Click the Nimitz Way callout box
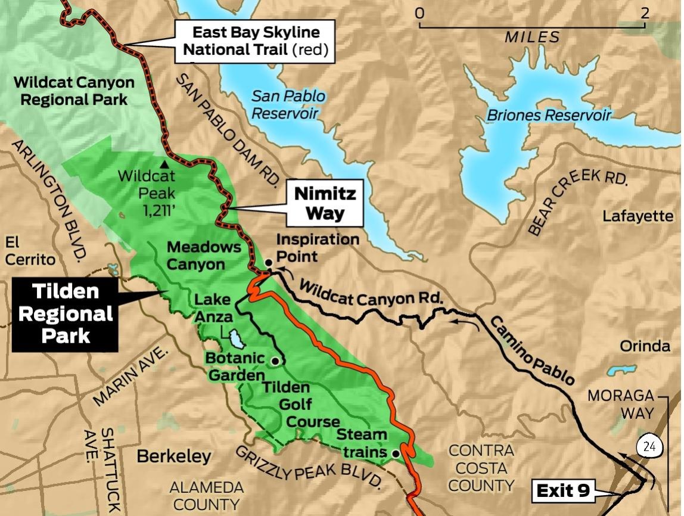pos(325,203)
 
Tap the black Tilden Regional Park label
pos(65,313)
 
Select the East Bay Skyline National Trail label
pos(256,41)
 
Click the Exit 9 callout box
pos(563,492)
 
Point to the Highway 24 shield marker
pos(648,447)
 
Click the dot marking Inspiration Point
pos(269,262)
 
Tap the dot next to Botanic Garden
pos(275,361)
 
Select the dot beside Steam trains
pos(395,453)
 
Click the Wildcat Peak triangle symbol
pos(163,163)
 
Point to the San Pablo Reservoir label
pos(288,104)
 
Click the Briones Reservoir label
pos(548,115)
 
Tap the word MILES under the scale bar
pos(532,38)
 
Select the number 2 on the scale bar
pos(644,13)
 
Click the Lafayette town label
pos(638,216)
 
